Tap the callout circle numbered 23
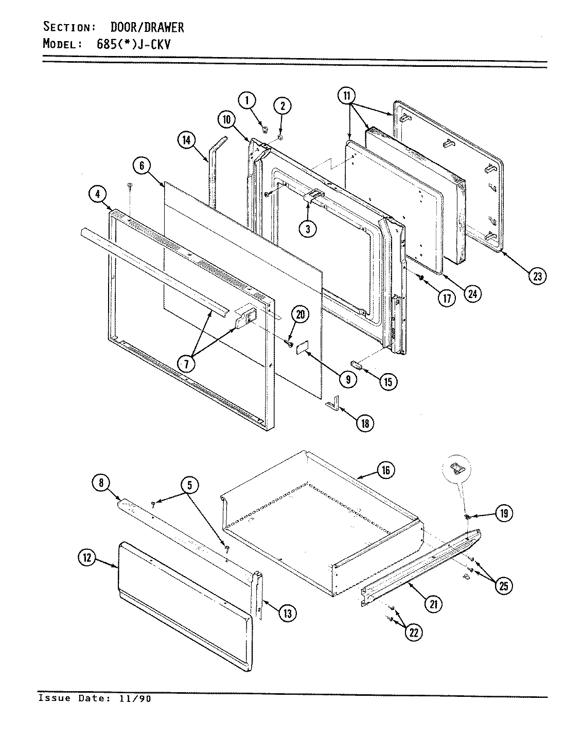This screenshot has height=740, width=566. pos(537,276)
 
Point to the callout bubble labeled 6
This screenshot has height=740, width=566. pos(141,165)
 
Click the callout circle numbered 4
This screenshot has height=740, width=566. pos(97,194)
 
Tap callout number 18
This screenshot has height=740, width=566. pos(364,422)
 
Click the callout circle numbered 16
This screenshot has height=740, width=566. pos(385,470)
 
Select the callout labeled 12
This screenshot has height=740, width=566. pos(88,559)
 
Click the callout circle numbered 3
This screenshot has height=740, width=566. pos(308,229)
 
